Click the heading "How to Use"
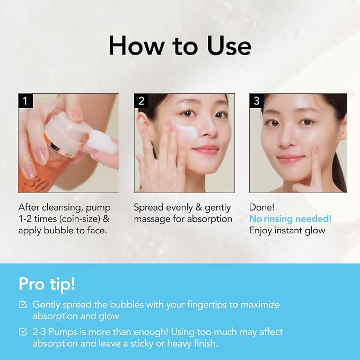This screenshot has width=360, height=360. [x=180, y=46]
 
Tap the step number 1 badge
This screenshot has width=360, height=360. [x=25, y=101]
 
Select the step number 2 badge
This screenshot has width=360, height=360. [x=141, y=101]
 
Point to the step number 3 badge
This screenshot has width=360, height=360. [x=257, y=101]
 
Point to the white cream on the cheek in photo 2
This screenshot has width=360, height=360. [x=187, y=131]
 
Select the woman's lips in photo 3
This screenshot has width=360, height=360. [x=291, y=159]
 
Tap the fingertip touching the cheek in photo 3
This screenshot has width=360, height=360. [x=315, y=151]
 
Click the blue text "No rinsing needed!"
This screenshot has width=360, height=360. [x=290, y=219]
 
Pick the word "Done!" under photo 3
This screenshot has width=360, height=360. [x=262, y=207]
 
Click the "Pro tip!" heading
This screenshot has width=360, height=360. [x=47, y=285]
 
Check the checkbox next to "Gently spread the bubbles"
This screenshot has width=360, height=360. [x=23, y=304]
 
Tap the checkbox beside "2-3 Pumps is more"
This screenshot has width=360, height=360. [x=23, y=332]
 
